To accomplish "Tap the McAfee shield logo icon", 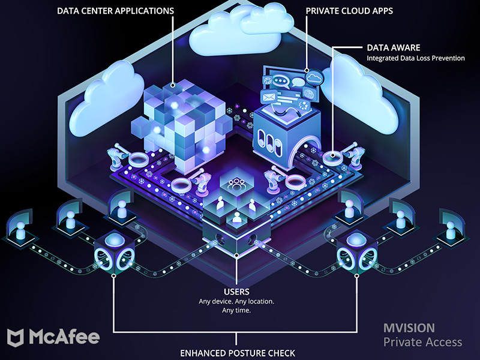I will (x=17, y=337).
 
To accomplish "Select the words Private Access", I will (x=423, y=342).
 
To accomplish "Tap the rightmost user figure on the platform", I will (x=450, y=228).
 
